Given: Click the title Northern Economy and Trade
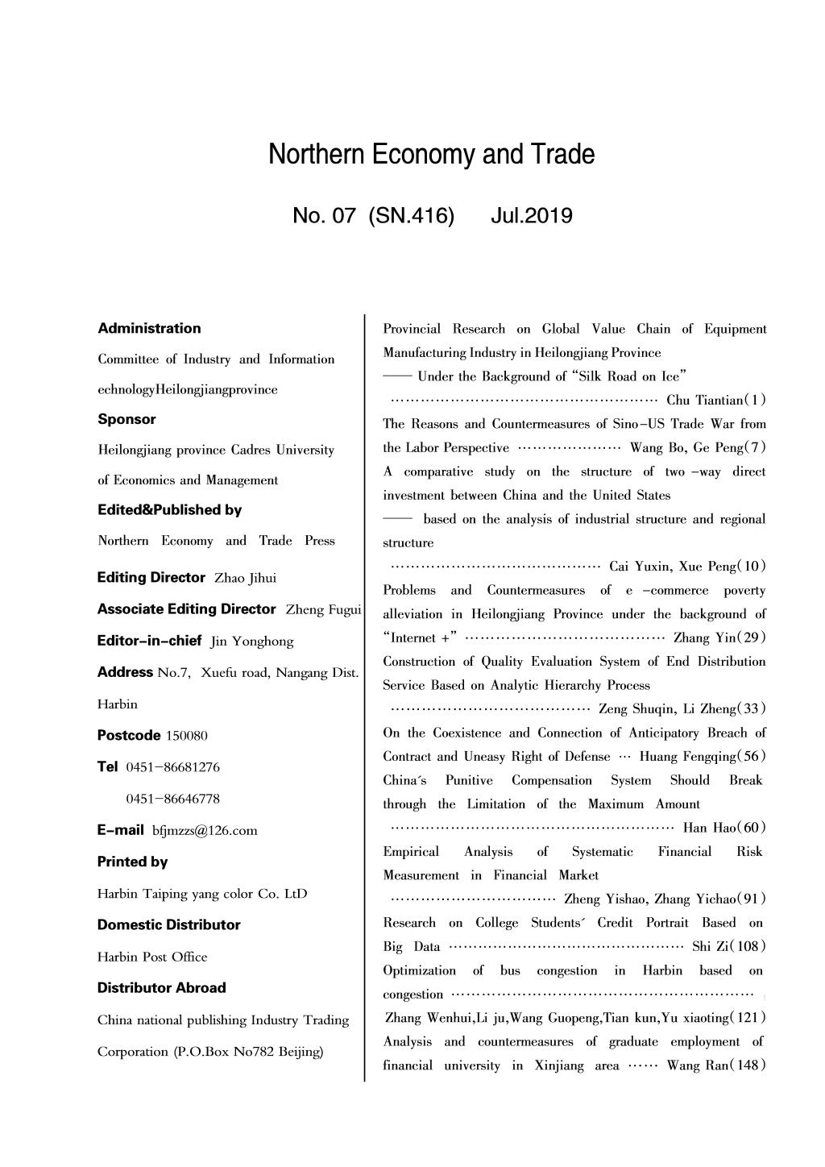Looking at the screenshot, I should coord(431,154).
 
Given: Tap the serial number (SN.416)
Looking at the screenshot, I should coord(410,216).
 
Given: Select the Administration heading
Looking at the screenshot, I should coord(149,328).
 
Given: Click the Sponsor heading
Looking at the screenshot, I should coord(126,419).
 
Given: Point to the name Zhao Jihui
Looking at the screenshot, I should coord(245,578).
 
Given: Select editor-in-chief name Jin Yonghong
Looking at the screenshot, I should coord(251,642).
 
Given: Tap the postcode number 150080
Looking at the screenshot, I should coord(186,736).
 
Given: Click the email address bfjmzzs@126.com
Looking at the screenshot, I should coord(205,831).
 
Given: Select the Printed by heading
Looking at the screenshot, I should coord(132,862).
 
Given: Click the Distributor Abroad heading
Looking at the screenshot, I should coord(161,987).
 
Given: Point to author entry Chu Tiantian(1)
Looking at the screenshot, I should coord(715,401).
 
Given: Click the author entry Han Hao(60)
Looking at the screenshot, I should coord(723,828).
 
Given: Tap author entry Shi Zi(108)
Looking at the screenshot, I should coord(728,946).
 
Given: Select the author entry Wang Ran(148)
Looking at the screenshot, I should coord(715,1065).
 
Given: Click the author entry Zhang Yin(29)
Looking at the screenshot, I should coord(719,637).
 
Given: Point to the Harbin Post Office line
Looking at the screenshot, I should coord(152,957).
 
